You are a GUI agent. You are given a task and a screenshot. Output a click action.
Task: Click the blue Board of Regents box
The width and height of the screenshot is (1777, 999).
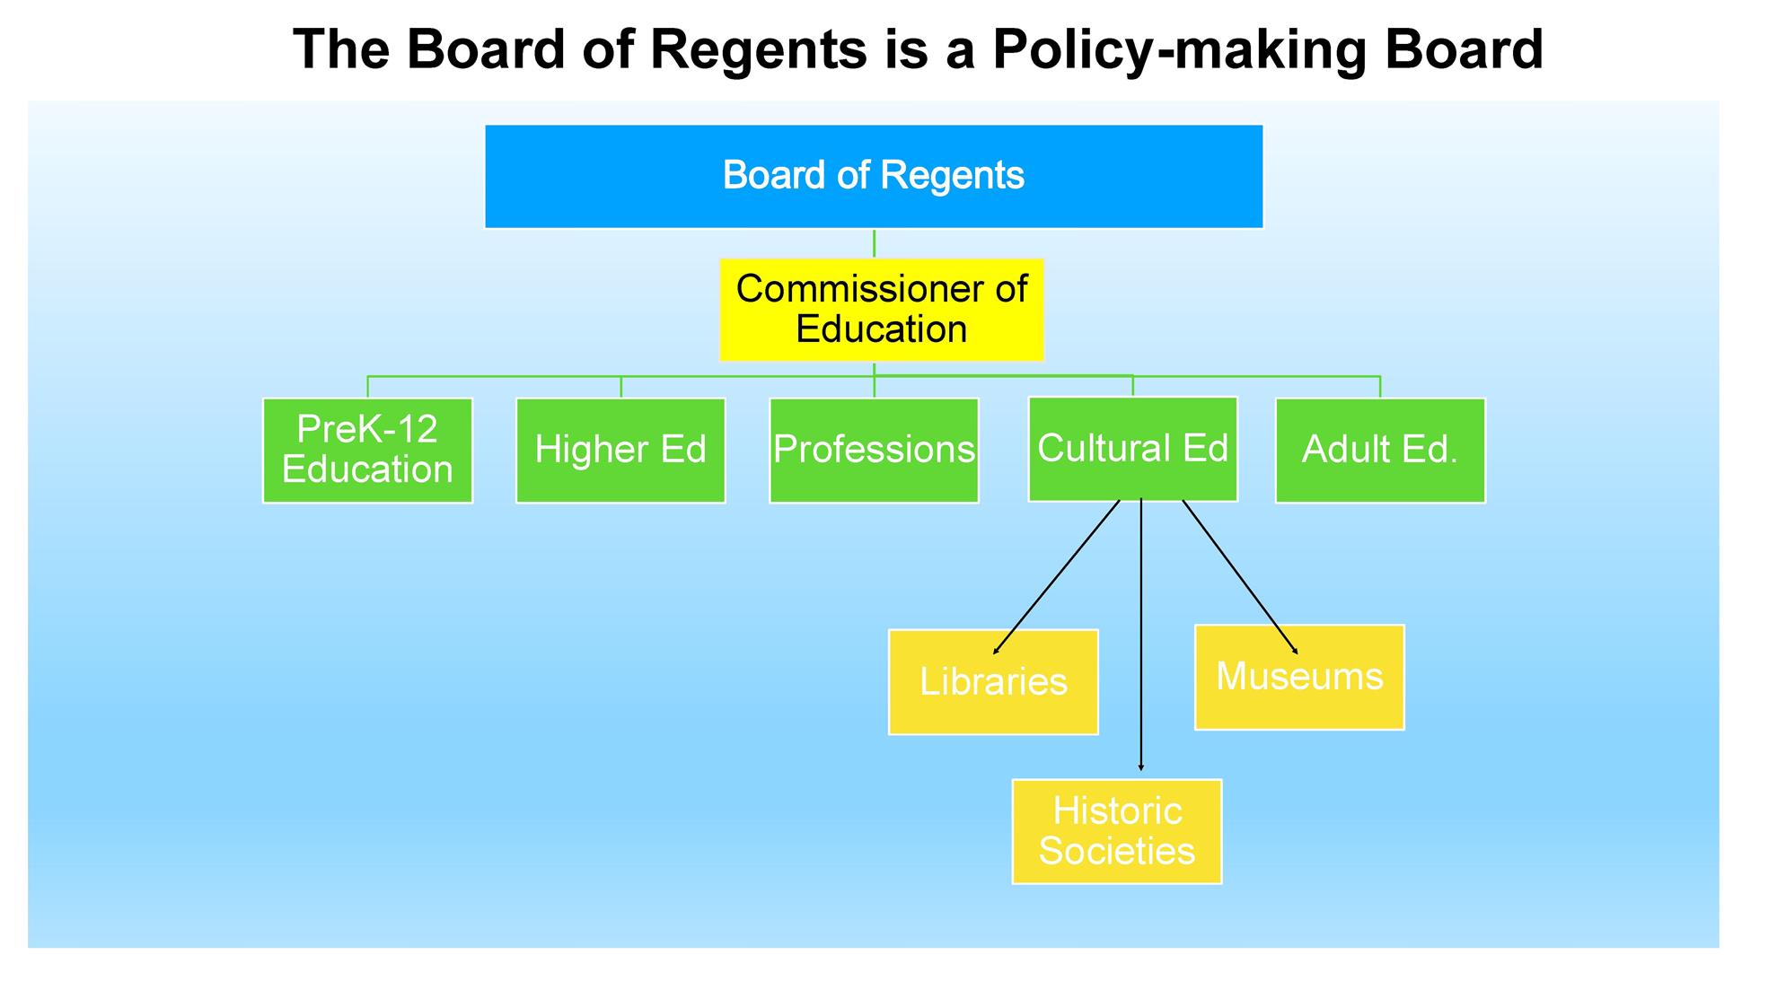[873, 177]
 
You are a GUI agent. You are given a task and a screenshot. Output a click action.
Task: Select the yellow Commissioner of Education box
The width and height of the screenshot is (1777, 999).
[881, 310]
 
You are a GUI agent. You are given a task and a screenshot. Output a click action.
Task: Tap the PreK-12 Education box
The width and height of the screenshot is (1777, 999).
[367, 450]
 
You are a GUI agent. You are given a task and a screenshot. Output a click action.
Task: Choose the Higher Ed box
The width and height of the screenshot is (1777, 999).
[620, 450]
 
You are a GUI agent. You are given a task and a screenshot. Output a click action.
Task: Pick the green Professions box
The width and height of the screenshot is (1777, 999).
[874, 450]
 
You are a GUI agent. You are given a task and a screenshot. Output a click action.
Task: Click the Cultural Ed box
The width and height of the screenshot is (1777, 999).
[1132, 449]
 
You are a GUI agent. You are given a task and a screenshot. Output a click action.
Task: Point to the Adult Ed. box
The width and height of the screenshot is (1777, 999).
[1380, 450]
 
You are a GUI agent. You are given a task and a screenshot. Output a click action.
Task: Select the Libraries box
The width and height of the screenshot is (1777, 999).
[993, 682]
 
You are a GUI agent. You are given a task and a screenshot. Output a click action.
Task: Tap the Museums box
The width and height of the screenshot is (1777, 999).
[1299, 677]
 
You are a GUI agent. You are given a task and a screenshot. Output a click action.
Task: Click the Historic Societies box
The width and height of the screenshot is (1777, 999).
[1117, 831]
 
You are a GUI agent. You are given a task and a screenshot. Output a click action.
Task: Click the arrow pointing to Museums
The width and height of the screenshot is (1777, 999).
[1239, 576]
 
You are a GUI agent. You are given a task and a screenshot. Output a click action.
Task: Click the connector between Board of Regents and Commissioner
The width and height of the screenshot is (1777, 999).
[874, 243]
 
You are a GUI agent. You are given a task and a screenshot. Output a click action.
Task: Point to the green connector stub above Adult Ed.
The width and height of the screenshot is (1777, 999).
[1380, 387]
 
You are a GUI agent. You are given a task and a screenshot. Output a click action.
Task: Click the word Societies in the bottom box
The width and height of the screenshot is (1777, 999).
[1117, 851]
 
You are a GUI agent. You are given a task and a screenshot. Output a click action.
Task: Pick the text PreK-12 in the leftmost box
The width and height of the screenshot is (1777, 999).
[367, 429]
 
